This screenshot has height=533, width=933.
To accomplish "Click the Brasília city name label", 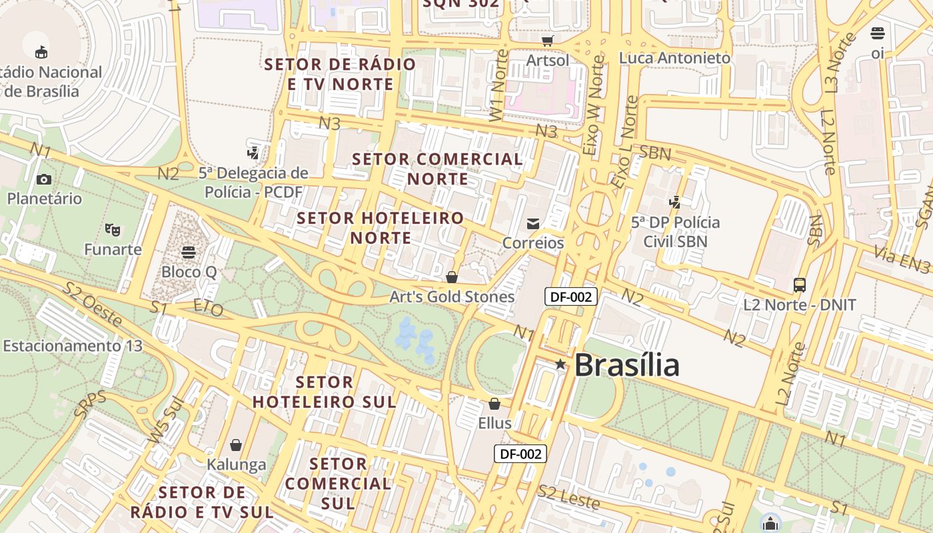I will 626,365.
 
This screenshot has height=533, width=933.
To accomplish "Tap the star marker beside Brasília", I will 560,364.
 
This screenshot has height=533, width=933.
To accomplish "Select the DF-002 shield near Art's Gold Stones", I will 570,296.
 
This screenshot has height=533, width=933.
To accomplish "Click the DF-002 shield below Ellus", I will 520,454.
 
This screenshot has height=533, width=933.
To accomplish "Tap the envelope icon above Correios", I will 533,224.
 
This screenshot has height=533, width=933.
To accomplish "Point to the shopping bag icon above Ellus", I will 494,404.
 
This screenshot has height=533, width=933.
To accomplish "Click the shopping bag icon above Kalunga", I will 235,445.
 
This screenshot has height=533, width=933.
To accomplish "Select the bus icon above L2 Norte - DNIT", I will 800,285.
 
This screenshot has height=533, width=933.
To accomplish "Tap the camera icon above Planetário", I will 44,179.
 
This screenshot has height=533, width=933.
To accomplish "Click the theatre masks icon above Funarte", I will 113,230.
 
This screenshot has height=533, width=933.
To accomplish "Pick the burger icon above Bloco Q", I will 189,252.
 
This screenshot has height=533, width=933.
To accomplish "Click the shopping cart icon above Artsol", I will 547,41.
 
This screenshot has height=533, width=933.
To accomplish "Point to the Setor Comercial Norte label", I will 437,169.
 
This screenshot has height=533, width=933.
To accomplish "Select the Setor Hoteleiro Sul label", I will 324,392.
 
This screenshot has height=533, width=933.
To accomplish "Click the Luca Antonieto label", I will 674,58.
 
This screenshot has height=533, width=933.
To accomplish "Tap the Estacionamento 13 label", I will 73,346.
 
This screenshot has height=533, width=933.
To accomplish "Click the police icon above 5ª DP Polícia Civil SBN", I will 676,202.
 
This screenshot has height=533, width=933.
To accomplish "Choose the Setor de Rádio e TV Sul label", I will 202,502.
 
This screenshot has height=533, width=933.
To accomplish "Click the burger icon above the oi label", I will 878,33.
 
